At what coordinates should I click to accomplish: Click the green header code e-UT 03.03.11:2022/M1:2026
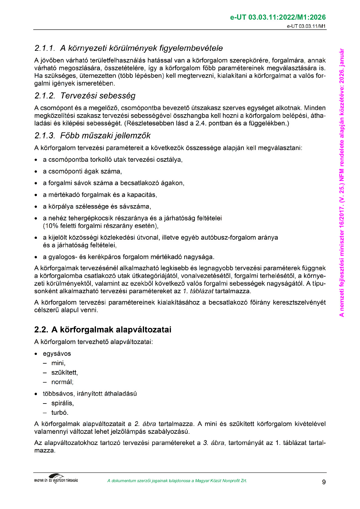278,18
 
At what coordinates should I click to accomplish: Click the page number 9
324,482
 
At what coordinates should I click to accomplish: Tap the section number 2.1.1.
44,48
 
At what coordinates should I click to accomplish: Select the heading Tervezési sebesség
98,96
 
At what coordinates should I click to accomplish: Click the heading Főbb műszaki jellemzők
105,136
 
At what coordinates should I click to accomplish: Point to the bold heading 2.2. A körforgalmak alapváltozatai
103,329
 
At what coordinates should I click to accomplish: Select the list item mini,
58,363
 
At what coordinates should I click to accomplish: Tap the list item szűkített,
64,372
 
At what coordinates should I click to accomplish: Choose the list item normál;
62,382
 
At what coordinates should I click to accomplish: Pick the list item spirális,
62,403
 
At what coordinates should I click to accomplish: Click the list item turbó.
60,413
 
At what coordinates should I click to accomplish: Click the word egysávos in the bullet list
57,354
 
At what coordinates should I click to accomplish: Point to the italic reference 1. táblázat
198,291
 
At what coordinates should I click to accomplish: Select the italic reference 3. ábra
214,443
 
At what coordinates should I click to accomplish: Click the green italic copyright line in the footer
177,481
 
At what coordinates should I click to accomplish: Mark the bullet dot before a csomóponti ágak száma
36,172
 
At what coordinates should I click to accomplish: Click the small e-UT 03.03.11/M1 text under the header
306,26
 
